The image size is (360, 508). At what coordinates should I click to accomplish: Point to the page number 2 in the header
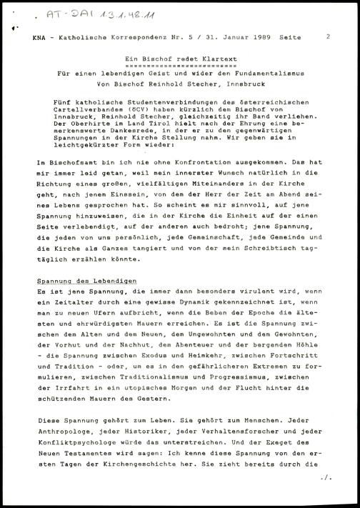327,35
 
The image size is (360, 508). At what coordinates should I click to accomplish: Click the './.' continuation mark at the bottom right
327,494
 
